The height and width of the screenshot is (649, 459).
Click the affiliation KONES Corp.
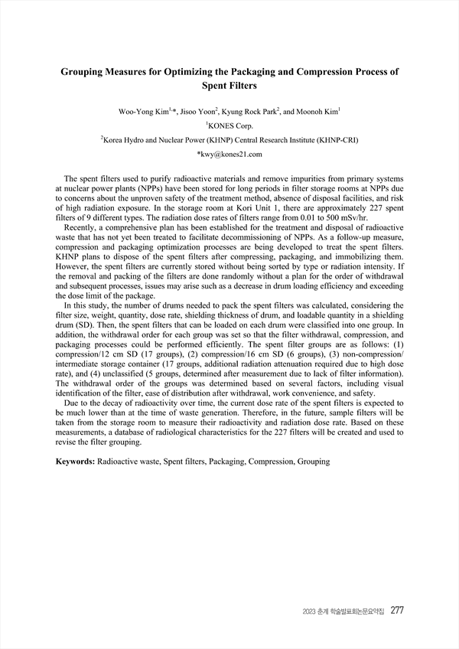(231, 126)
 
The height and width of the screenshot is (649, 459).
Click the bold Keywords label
(76, 462)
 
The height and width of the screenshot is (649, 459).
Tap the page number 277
(397, 610)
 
